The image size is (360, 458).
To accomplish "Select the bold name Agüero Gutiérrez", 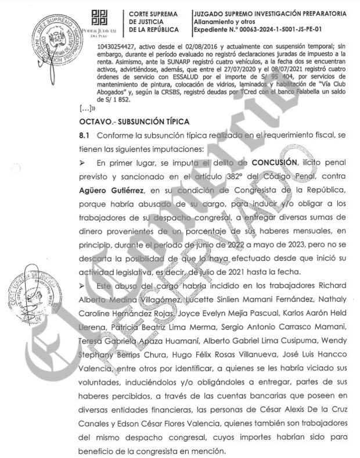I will [x=112, y=190].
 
